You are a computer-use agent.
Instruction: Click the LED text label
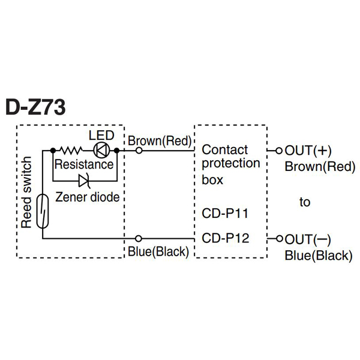(101, 135)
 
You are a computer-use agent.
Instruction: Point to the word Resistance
(83, 164)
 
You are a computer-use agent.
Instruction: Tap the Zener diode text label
(87, 197)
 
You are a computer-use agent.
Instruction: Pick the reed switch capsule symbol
(42, 211)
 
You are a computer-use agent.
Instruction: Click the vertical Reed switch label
(26, 192)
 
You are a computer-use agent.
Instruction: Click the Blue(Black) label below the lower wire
(158, 251)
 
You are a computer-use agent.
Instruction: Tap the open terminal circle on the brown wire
(139, 150)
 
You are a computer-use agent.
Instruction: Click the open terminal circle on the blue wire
(139, 238)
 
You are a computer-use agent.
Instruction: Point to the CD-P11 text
(225, 214)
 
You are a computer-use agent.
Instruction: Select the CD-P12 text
(225, 238)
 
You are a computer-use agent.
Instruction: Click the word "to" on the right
(305, 202)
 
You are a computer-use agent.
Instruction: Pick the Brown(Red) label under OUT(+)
(317, 167)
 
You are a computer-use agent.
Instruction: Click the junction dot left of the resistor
(53, 150)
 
